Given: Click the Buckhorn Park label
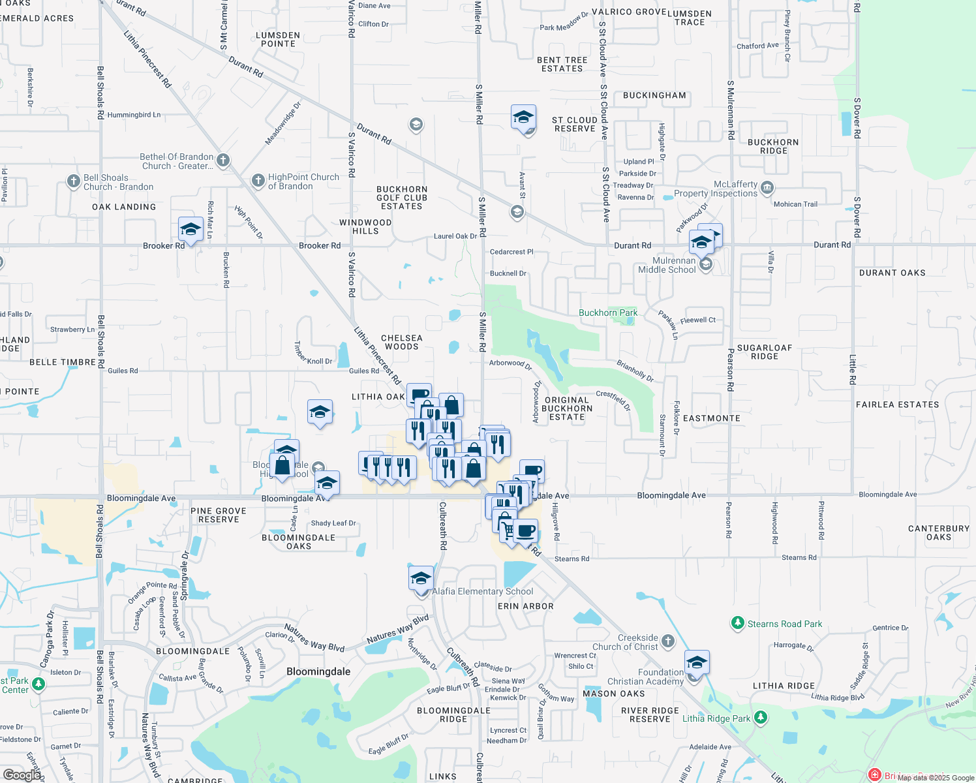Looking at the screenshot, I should (608, 313).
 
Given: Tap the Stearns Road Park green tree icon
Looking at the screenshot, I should (737, 624).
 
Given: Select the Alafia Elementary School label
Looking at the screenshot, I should (483, 591).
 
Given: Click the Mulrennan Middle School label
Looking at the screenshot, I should (667, 265).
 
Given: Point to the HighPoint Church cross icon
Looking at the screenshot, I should (258, 180).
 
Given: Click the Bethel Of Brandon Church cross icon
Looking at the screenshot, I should (223, 160).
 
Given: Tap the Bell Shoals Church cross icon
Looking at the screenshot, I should (74, 181).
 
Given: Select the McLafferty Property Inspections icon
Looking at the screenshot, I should (767, 188).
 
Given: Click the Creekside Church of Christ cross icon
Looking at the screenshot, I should (668, 641).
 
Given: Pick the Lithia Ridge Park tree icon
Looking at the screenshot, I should (761, 718).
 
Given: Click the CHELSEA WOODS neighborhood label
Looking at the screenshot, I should (402, 342).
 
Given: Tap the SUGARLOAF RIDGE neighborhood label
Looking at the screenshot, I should (764, 352).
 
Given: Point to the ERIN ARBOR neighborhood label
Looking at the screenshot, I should (525, 606).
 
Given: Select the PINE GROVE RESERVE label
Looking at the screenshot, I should (219, 515).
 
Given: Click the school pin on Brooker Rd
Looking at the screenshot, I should (191, 230).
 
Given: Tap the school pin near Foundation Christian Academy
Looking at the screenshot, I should (697, 662).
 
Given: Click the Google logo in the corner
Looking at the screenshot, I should (22, 775).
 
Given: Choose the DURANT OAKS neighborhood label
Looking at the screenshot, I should (892, 273).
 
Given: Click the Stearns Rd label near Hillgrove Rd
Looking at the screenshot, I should (572, 559).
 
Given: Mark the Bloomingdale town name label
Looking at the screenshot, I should (318, 671).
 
